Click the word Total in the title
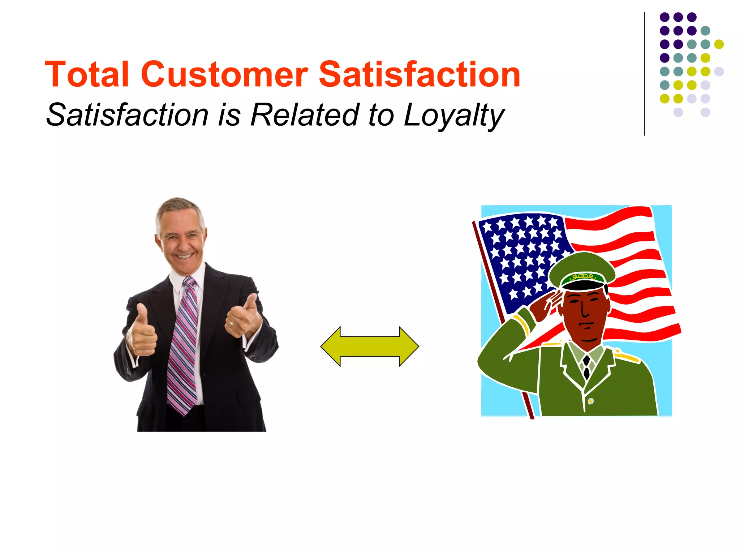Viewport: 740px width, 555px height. point(87,74)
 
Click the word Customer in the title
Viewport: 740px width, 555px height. point(224,74)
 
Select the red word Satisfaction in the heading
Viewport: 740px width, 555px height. point(419,74)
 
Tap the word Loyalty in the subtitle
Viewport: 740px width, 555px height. point(454,115)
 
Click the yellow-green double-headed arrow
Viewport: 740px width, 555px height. point(370,346)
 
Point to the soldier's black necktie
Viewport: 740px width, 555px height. point(586,367)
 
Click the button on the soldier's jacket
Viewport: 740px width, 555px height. point(590,401)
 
